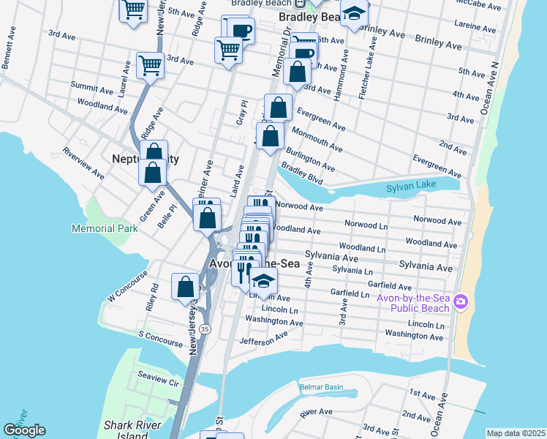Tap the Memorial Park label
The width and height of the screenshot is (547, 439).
coord(105,229)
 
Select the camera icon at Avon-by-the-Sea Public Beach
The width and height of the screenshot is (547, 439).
coord(461,301)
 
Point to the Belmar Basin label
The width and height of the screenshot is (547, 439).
coord(321,386)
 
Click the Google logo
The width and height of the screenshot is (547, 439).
coord(24,430)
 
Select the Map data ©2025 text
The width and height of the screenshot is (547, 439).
coord(516,433)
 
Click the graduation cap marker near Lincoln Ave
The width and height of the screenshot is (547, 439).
coord(263,281)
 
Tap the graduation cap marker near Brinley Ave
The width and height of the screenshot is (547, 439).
coord(354,15)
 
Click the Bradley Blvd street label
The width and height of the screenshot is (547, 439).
coord(302,173)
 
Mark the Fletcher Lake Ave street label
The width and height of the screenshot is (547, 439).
coord(371,74)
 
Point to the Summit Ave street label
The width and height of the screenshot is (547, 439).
coord(91,87)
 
